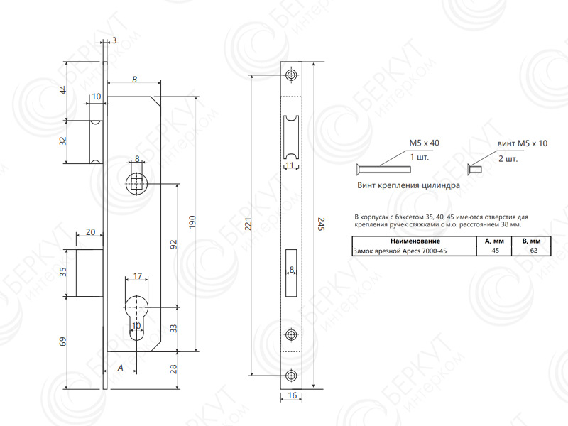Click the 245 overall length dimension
(x=321, y=224)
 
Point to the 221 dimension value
(x=248, y=224)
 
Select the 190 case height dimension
(x=192, y=222)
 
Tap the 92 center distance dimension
(x=174, y=244)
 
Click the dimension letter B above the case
(x=134, y=80)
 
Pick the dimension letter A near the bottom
(x=120, y=368)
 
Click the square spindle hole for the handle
(x=136, y=184)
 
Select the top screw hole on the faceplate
(x=291, y=75)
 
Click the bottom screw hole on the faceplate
(x=291, y=376)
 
